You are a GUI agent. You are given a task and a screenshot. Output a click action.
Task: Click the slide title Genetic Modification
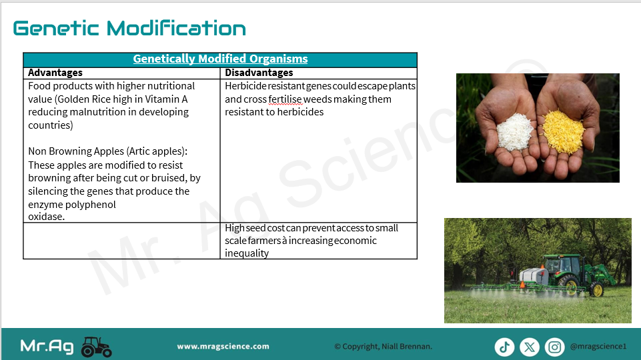point(129,28)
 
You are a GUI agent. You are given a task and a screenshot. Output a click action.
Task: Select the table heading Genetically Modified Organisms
point(220,59)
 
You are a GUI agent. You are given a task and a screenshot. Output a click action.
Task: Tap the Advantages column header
point(55,73)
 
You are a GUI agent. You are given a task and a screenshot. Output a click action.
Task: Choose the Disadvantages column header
point(259,73)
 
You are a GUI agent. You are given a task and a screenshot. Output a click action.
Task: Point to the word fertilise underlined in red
point(285,99)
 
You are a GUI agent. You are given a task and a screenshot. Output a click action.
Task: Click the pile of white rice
point(514,131)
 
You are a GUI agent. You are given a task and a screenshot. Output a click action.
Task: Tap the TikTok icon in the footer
point(504,347)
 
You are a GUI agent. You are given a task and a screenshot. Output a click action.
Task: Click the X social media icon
point(530,347)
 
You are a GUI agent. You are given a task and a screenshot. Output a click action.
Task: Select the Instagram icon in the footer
point(554,347)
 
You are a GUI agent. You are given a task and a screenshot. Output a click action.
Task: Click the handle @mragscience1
point(598,347)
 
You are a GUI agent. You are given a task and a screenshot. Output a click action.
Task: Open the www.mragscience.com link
point(223,347)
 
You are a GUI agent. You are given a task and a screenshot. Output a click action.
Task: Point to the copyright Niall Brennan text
point(383,347)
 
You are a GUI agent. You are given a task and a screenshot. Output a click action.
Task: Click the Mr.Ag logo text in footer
point(47,347)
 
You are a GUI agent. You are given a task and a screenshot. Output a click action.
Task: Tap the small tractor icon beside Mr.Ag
point(97,347)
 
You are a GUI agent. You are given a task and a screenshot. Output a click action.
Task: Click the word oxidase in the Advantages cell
point(46,217)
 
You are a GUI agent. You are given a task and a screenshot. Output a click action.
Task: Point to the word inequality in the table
point(247,253)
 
